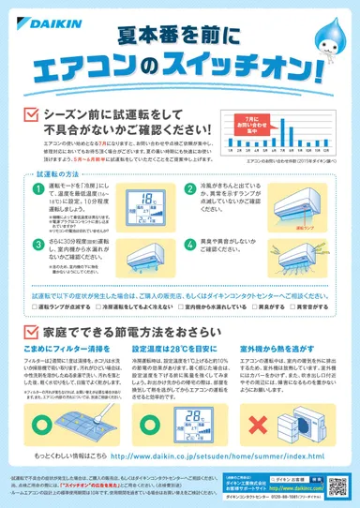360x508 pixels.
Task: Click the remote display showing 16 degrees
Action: click(148, 204)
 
